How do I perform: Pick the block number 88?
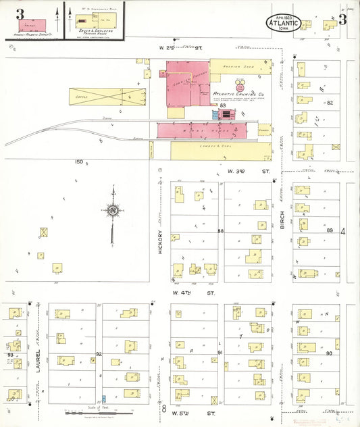[220, 232]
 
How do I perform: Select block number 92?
[99, 353]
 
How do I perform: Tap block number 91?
[221, 353]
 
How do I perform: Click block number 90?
[329, 353]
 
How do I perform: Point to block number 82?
[330, 103]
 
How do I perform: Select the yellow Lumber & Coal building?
[213, 150]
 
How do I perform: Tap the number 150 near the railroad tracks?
[79, 161]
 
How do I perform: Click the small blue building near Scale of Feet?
[103, 399]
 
